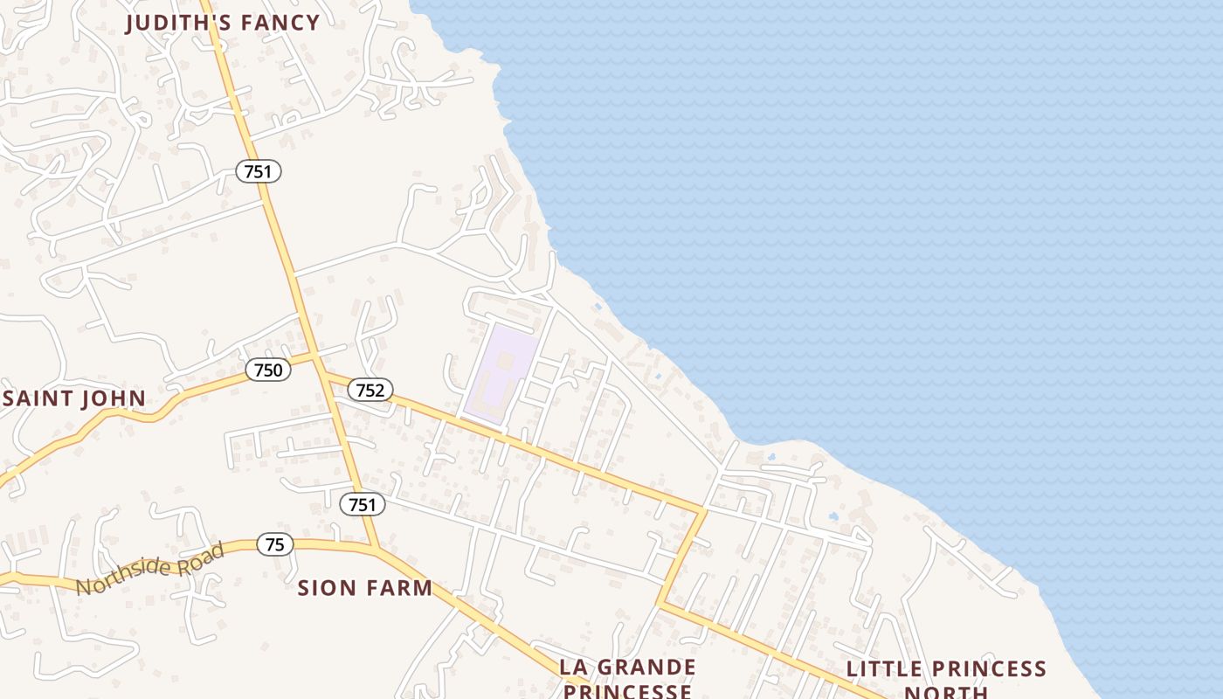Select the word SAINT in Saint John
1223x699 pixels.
[38, 399]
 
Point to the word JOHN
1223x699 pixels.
[114, 399]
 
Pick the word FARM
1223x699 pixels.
[398, 588]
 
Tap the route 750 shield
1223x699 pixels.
[267, 370]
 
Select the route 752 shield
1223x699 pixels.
[370, 390]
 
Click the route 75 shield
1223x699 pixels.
[275, 544]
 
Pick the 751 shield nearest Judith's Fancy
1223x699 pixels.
[258, 171]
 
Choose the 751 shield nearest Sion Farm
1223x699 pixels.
[362, 504]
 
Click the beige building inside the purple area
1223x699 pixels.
[504, 360]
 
